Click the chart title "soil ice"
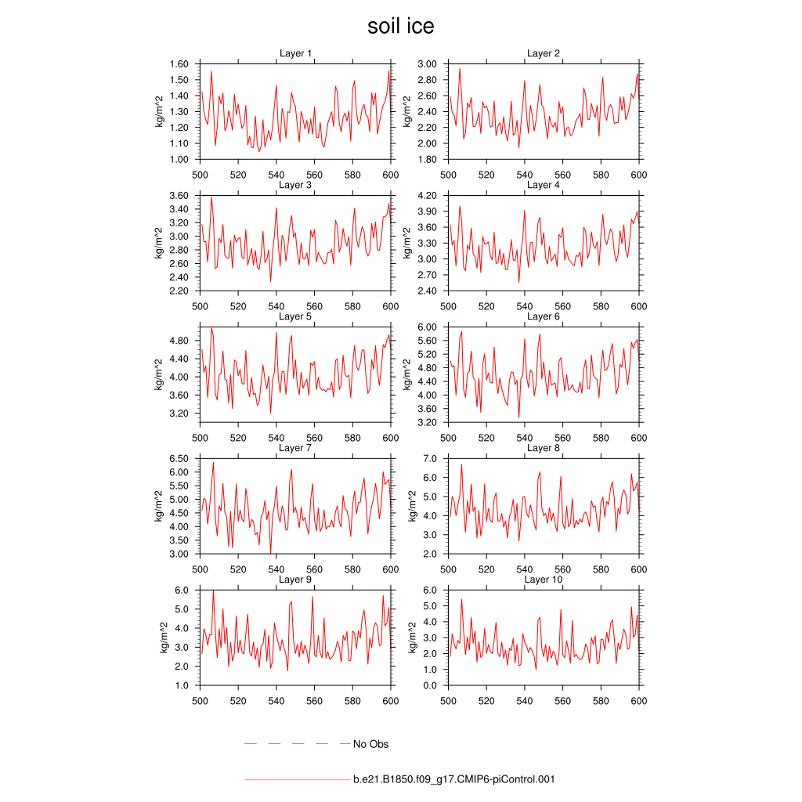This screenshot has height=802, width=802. [x=400, y=27]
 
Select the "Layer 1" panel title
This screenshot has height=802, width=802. [x=295, y=53]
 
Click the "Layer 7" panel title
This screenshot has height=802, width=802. [x=295, y=448]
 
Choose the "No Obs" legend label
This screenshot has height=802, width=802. [x=370, y=744]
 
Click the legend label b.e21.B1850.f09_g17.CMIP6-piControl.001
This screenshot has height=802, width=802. [x=454, y=779]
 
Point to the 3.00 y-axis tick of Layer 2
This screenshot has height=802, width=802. [x=428, y=64]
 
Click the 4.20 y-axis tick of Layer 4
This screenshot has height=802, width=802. [x=428, y=196]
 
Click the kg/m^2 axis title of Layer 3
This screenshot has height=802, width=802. [x=160, y=243]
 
